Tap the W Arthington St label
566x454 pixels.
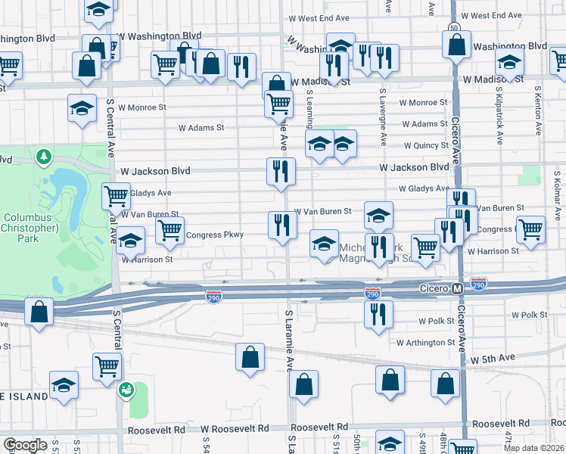426,343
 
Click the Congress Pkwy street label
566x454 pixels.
215,235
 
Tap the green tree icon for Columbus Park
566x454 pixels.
44,157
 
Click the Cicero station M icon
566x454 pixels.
457,289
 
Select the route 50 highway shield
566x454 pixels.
453,27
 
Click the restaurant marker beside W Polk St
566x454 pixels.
378,313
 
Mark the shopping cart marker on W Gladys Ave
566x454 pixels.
116,196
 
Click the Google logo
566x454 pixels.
24,445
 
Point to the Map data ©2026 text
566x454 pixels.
533,448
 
